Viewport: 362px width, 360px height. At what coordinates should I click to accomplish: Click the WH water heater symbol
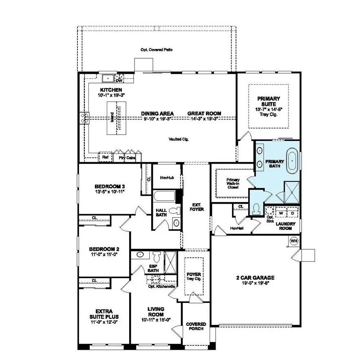click(x=294, y=241)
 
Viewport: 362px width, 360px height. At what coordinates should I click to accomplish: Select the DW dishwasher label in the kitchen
click(x=119, y=81)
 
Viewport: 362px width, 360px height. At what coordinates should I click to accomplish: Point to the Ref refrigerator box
click(x=105, y=157)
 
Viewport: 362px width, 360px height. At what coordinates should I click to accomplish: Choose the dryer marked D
click(x=292, y=213)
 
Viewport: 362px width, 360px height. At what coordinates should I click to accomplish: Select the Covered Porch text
click(x=196, y=327)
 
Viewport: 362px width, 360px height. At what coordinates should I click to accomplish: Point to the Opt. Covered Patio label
click(x=157, y=50)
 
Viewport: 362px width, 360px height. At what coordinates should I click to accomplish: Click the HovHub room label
click(x=167, y=178)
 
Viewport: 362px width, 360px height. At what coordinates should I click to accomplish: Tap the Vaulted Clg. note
click(x=179, y=139)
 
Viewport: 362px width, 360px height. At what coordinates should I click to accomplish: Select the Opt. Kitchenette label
click(x=162, y=287)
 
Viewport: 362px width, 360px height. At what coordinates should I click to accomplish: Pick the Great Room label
click(x=204, y=113)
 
